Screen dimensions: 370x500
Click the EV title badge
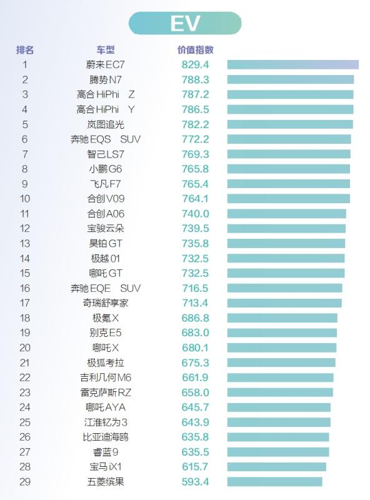click(x=185, y=23)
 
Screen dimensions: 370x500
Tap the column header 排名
click(x=25, y=50)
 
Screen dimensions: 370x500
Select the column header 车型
click(x=106, y=50)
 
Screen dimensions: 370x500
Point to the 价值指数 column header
click(x=195, y=50)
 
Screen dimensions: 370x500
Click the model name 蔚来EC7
click(x=105, y=65)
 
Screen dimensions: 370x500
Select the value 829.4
click(x=195, y=65)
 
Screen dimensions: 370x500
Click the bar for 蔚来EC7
click(x=292, y=65)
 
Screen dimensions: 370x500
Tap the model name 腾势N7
click(x=106, y=80)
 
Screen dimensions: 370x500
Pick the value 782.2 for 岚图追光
click(x=195, y=124)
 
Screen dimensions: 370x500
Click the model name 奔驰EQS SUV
click(x=106, y=139)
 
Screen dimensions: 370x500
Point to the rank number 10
click(x=25, y=199)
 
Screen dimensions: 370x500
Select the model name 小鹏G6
click(x=106, y=169)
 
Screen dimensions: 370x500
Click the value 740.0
click(x=195, y=214)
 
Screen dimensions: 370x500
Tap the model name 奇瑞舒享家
click(x=106, y=303)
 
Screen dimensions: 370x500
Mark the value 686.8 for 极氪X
click(x=195, y=318)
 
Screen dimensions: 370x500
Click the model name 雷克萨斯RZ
click(x=106, y=392)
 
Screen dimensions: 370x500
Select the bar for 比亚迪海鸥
click(x=278, y=437)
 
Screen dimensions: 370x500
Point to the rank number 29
click(x=25, y=482)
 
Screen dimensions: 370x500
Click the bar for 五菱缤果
click(x=274, y=482)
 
